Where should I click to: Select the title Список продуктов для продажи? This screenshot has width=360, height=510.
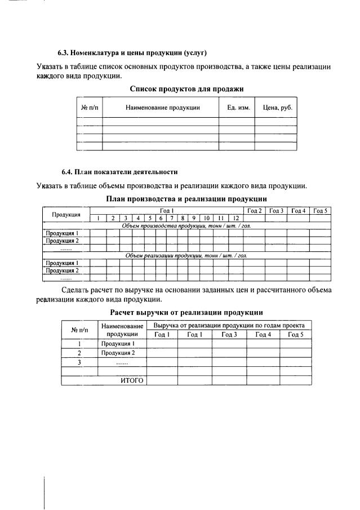[x=186, y=88]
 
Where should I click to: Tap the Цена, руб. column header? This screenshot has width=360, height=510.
[x=275, y=107]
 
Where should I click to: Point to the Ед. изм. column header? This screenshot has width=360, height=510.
[x=235, y=107]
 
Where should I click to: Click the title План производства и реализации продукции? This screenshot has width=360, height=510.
[x=186, y=199]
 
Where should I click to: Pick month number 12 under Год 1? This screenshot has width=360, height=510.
[x=236, y=218]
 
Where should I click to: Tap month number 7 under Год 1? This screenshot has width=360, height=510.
[x=172, y=218]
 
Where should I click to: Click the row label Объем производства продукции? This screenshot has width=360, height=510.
[x=186, y=225]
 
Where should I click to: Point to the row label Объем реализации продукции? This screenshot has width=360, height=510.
[x=186, y=255]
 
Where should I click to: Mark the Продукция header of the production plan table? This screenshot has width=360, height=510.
[x=66, y=214]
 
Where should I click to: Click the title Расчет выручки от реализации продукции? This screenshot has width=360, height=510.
[x=186, y=312]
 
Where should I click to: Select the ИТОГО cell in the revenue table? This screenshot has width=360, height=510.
[x=132, y=380]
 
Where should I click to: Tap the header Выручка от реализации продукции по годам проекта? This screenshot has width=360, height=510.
[x=228, y=326]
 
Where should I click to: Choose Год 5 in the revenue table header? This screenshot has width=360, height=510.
[x=295, y=335]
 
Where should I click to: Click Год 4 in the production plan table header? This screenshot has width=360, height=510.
[x=298, y=211]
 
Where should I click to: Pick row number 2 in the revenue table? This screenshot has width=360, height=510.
[x=79, y=353]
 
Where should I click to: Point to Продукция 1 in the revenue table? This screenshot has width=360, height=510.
[x=118, y=343]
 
